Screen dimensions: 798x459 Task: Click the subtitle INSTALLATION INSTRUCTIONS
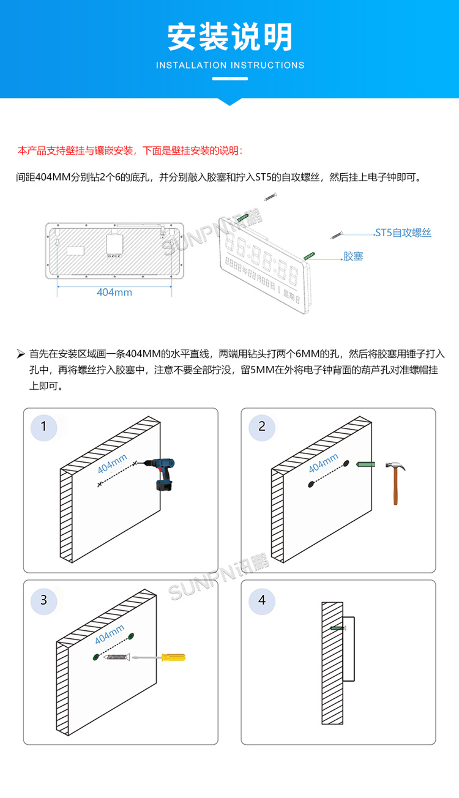pyautogui.click(x=229, y=65)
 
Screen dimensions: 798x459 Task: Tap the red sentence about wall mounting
pyautogui.click(x=130, y=151)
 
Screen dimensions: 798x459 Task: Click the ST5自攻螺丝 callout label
pyautogui.click(x=403, y=233)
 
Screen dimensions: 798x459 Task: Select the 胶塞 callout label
pyautogui.click(x=353, y=256)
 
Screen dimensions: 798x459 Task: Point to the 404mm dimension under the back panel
pyautogui.click(x=114, y=292)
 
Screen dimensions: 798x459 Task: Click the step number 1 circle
pyautogui.click(x=43, y=426)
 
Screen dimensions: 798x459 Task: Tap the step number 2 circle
pyautogui.click(x=262, y=426)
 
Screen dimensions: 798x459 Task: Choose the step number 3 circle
pyautogui.click(x=43, y=600)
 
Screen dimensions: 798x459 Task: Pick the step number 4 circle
pyautogui.click(x=262, y=600)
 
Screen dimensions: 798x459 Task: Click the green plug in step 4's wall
pyautogui.click(x=337, y=628)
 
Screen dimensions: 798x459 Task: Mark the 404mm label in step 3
pyautogui.click(x=110, y=635)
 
